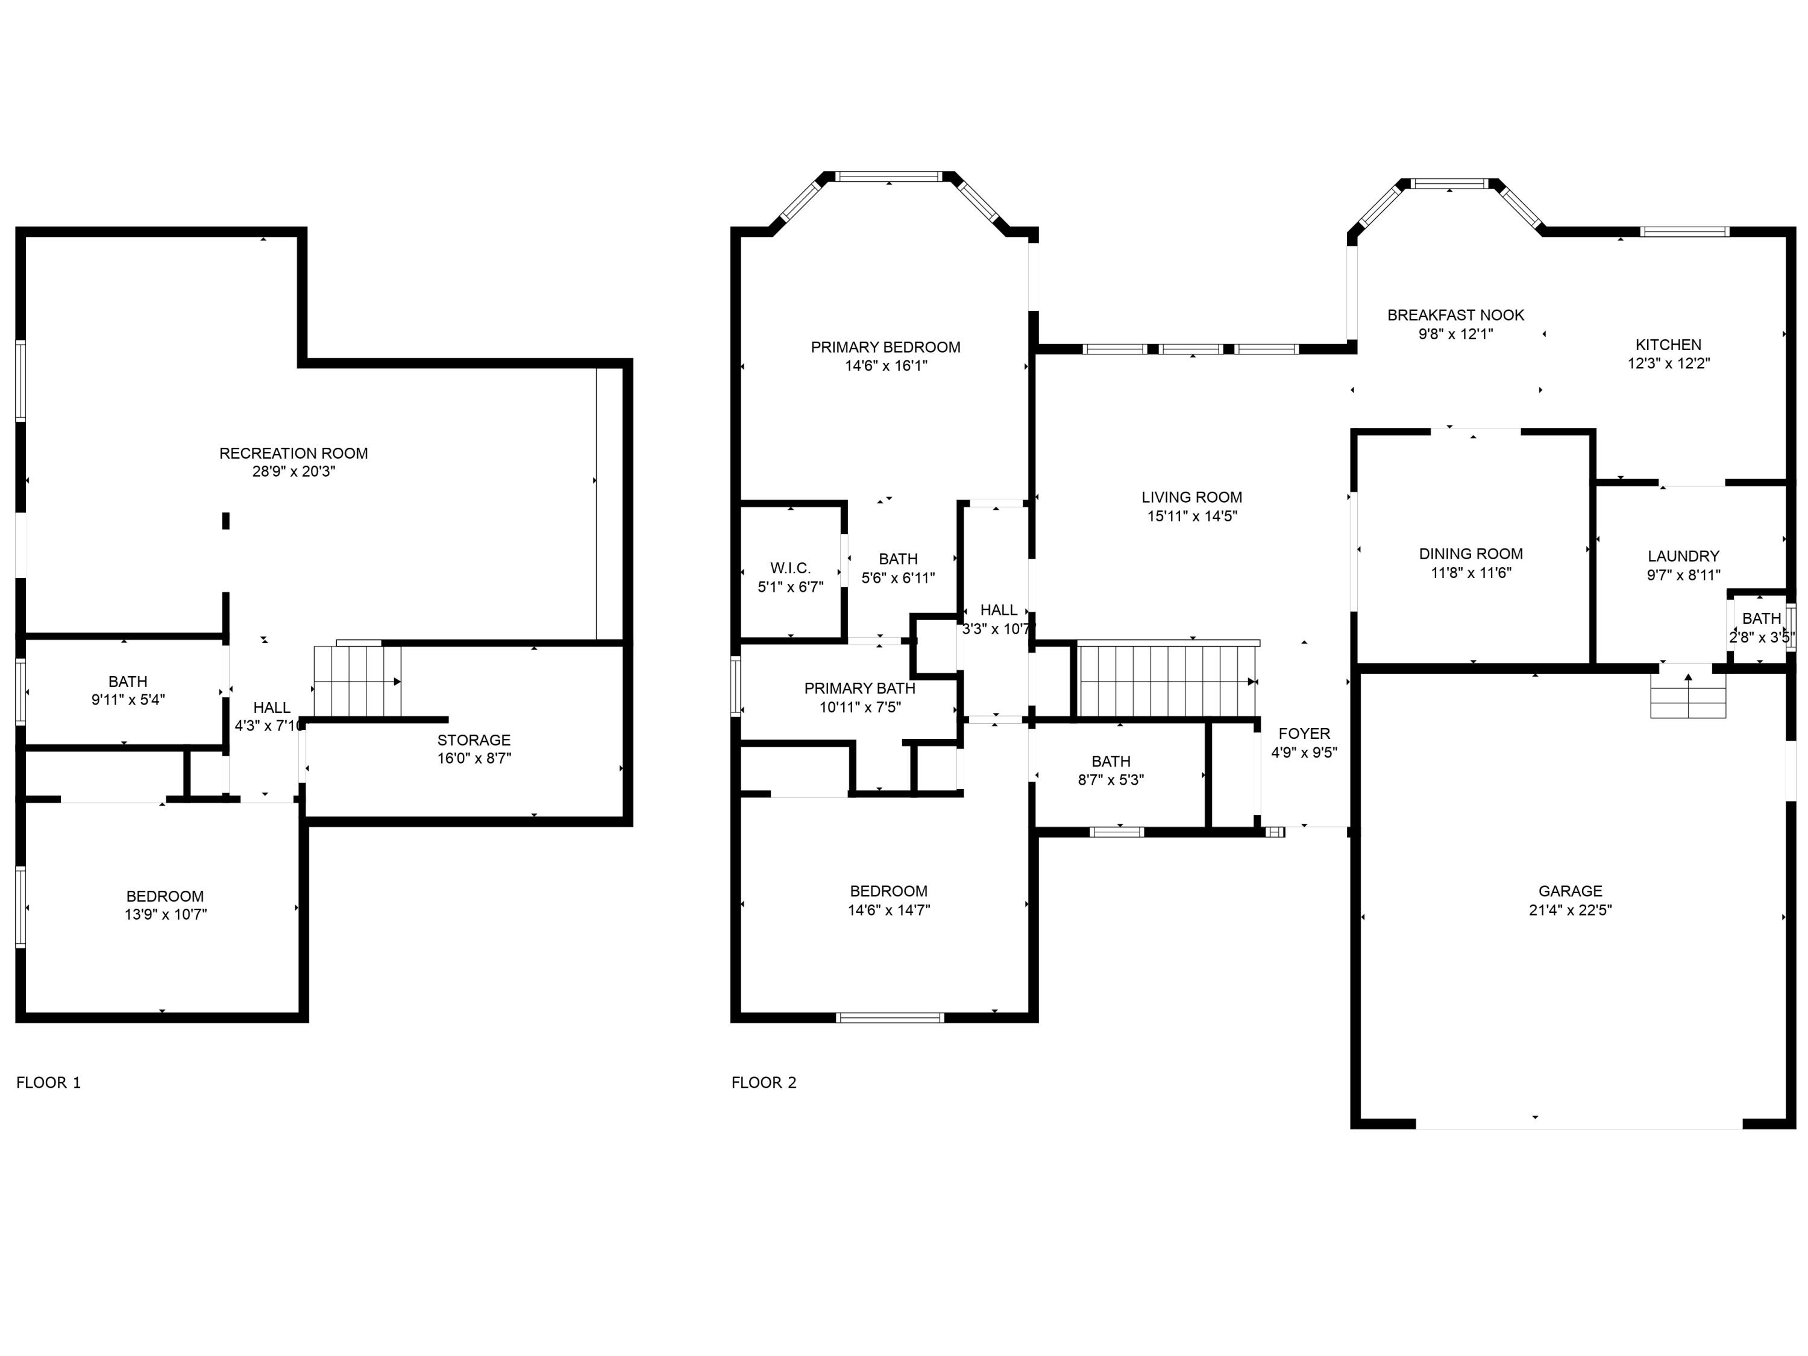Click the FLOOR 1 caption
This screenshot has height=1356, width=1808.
click(48, 1083)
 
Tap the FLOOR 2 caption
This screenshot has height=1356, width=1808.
click(764, 1083)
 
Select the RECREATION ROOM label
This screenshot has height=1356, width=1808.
click(293, 453)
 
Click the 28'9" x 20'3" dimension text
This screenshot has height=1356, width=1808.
click(293, 472)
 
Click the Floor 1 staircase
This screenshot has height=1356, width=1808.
click(357, 682)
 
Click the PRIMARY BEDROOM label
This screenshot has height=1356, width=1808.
click(885, 347)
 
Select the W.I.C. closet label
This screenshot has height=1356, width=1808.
click(789, 568)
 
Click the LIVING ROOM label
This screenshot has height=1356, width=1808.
click(1191, 497)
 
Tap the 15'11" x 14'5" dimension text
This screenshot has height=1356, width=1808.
click(1191, 516)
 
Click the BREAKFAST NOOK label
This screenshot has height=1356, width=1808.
click(1455, 315)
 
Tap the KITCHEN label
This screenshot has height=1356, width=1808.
click(1668, 345)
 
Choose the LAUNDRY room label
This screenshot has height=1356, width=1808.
click(1683, 556)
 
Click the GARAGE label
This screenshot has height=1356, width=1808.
click(1569, 891)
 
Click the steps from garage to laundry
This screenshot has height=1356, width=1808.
click(1688, 697)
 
